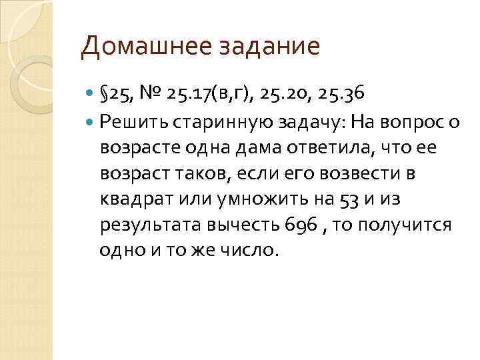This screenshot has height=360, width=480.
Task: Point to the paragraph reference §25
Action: tap(114, 94)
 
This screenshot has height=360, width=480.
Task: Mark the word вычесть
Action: tap(227, 225)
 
